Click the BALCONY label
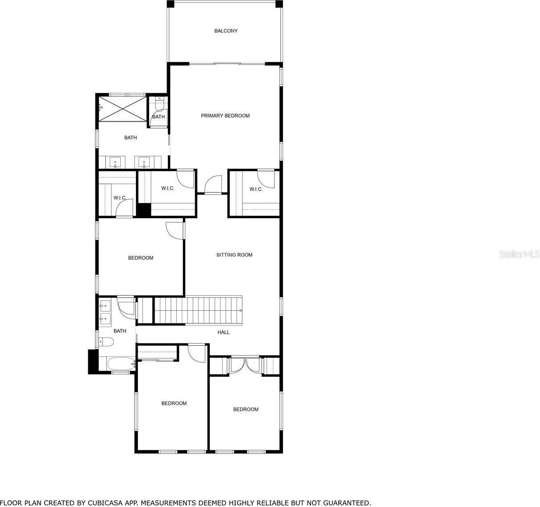click(226, 31)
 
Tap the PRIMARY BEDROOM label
click(225, 116)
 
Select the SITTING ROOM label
click(234, 255)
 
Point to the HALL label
click(223, 332)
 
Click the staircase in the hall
click(198, 311)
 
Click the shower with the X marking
click(123, 107)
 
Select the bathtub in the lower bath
click(121, 364)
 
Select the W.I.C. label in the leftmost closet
click(119, 198)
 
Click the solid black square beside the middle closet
click(143, 210)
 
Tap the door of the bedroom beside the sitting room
click(174, 230)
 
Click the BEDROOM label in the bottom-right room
click(245, 409)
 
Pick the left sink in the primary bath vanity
click(115, 162)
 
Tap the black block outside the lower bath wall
click(93, 361)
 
